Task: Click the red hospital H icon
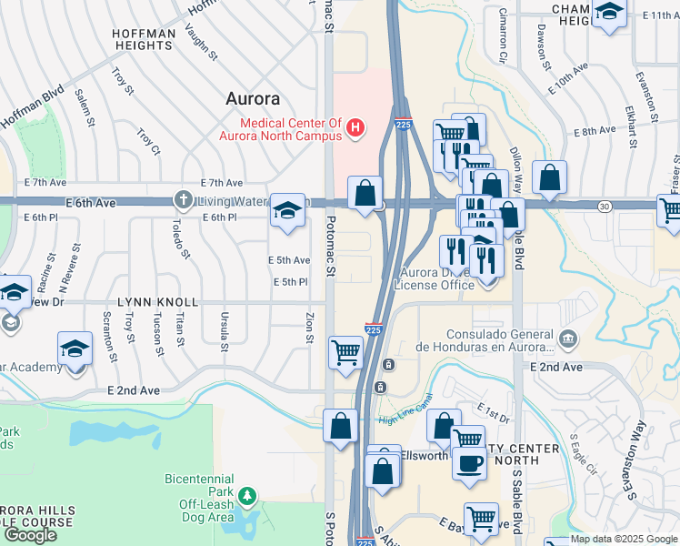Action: coord(356,129)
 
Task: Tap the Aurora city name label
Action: coord(254,98)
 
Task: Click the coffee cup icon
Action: coord(469,463)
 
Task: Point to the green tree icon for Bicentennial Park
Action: coord(246,496)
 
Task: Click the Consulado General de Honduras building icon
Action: coord(568,339)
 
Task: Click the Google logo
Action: coord(30,534)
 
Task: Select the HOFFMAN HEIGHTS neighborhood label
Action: coord(144,40)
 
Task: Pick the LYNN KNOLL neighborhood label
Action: coord(156,301)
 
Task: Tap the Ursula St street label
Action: coord(223,329)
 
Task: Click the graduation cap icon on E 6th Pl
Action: coord(287,212)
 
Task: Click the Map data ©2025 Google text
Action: coord(624,539)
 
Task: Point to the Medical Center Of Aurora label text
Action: coord(280,129)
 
